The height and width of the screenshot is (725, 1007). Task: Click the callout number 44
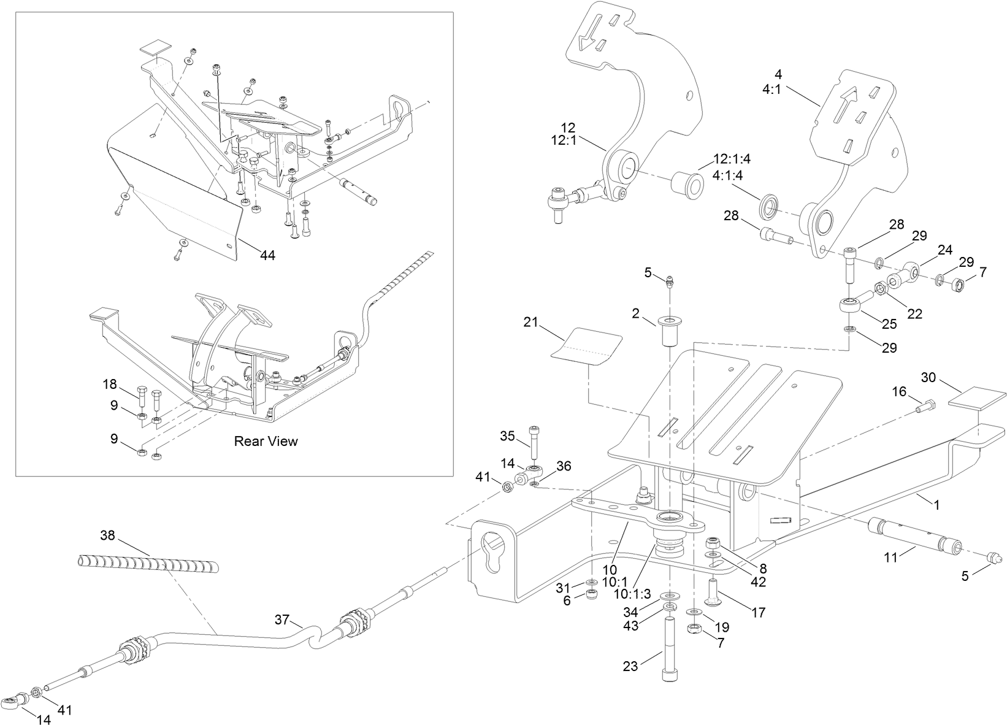(267, 256)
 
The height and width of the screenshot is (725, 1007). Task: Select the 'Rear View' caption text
(266, 441)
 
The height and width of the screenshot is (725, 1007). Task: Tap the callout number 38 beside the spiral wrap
(107, 535)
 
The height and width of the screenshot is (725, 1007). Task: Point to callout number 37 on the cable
(281, 620)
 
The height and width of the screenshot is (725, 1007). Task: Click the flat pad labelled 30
(976, 400)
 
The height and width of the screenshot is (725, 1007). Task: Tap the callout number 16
(899, 391)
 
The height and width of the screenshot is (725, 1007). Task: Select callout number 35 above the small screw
(507, 436)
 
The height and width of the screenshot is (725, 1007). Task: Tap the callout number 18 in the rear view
(110, 385)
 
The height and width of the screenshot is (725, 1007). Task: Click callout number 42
(759, 583)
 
